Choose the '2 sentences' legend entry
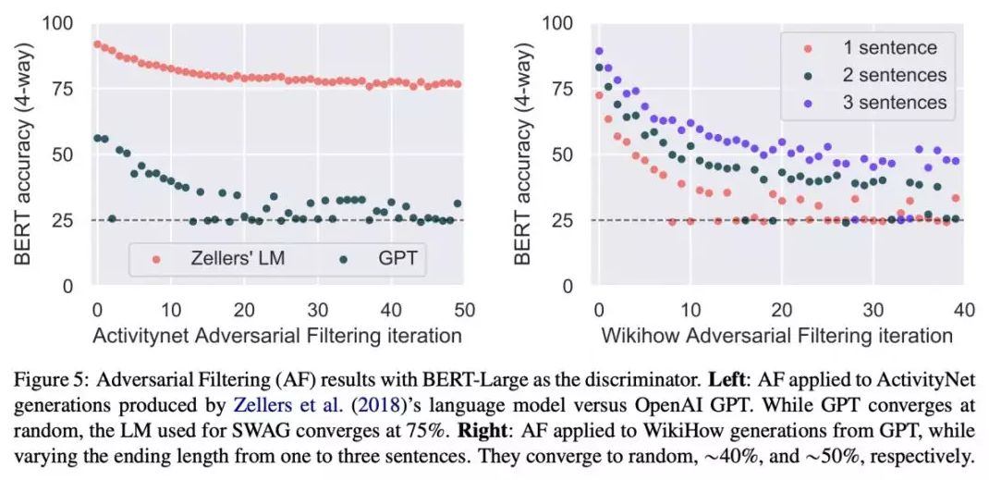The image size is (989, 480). tap(893, 75)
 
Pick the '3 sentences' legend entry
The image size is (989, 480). tap(893, 102)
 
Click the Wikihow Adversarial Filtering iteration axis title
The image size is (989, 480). tap(777, 335)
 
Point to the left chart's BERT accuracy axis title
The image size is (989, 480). tap(24, 153)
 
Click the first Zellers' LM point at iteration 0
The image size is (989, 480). tap(97, 43)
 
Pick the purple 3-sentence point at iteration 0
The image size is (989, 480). tap(599, 51)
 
